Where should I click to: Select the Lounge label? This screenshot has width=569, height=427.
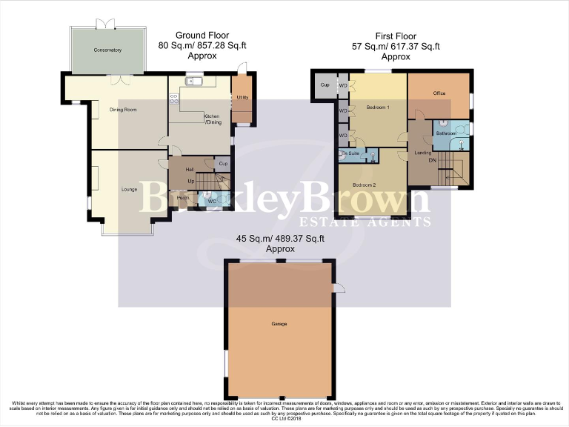point(129,190)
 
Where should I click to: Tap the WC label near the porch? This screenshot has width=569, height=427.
point(211,200)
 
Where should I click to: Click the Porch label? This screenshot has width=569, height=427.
point(184,197)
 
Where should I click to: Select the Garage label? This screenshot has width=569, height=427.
point(279,324)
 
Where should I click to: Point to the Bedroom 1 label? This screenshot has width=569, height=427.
point(378,107)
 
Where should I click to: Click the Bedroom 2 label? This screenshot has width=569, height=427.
point(365,185)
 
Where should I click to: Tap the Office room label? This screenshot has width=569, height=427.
point(439,93)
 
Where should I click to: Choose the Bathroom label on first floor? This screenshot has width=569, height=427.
point(446,133)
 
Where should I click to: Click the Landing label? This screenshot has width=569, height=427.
point(423,153)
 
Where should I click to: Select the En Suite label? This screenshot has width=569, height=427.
point(349,153)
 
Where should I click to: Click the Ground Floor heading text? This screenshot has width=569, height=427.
point(202,36)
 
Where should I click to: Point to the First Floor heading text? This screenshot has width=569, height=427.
point(396,36)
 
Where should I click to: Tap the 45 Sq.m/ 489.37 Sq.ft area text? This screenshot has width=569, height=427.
point(280,239)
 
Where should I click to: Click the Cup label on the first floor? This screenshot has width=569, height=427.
point(325,85)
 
